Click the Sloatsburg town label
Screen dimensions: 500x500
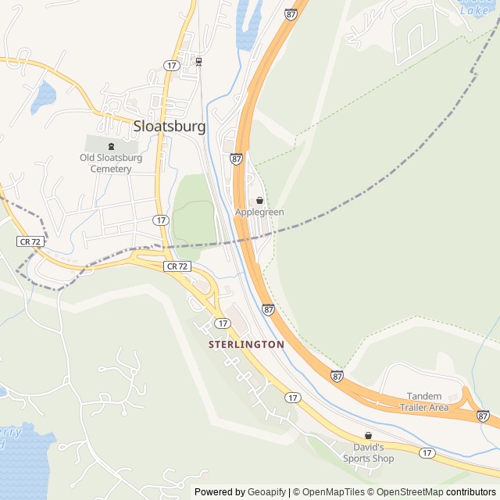click(x=170, y=127)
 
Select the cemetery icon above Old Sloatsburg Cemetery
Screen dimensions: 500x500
click(x=111, y=145)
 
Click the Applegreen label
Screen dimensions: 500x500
click(x=259, y=212)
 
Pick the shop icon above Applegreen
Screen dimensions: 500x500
click(x=259, y=201)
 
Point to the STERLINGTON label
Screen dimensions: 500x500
click(x=246, y=344)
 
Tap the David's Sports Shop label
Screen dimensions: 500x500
click(x=368, y=453)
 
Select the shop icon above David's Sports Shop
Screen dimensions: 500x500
click(x=368, y=436)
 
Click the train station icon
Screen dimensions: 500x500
click(x=199, y=62)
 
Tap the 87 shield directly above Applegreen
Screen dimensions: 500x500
click(x=236, y=159)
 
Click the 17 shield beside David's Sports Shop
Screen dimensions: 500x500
click(x=426, y=453)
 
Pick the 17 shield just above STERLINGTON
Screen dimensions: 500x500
click(x=223, y=323)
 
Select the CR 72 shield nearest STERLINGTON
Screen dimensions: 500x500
click(x=177, y=266)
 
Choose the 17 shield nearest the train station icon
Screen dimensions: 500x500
click(x=171, y=65)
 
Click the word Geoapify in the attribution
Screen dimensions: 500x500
click(x=268, y=492)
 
